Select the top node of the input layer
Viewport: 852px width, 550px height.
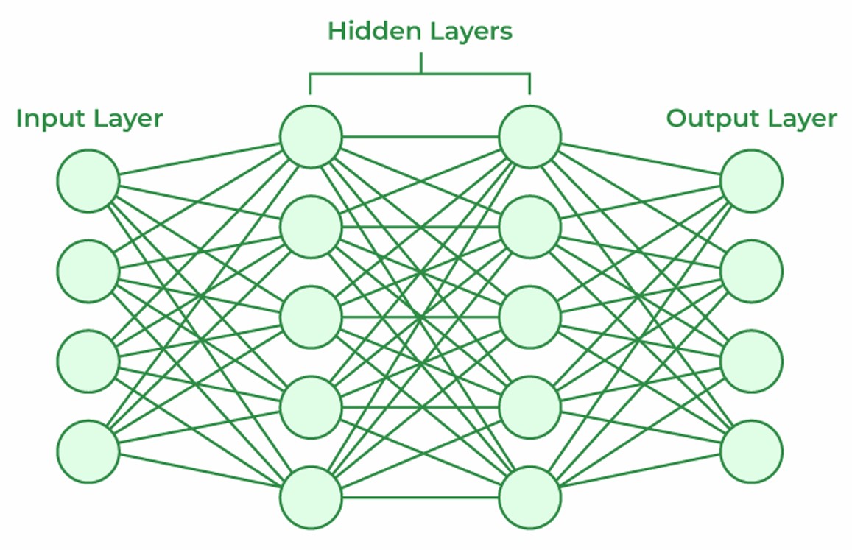(88, 181)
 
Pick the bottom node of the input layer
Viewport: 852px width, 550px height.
(88, 451)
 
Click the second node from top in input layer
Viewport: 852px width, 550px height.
(88, 271)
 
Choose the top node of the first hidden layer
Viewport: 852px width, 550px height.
(311, 136)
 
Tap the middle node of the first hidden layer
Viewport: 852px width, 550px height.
(311, 317)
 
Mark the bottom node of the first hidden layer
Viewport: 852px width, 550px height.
(311, 497)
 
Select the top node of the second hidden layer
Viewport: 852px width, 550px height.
(530, 136)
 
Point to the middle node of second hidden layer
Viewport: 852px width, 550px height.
(530, 317)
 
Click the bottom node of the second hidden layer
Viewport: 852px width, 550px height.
(530, 497)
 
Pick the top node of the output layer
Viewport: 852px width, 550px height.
(751, 181)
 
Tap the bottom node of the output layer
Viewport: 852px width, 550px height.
(751, 451)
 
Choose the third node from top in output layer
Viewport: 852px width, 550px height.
(751, 362)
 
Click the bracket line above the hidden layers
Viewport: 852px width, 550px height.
(420, 74)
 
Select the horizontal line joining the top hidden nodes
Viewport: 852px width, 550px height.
(420, 137)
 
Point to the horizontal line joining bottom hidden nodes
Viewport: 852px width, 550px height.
(420, 498)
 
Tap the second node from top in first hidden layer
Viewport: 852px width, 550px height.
(311, 227)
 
